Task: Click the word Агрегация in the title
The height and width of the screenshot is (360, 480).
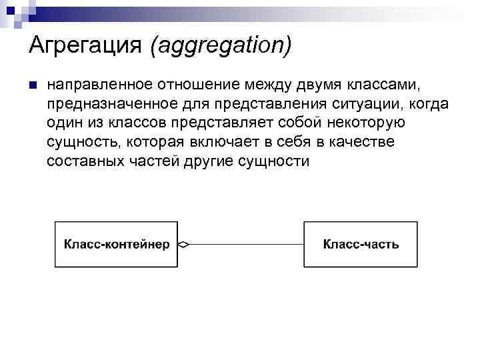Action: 86,46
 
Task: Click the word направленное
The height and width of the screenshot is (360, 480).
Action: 99,85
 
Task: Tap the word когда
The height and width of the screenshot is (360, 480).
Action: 431,105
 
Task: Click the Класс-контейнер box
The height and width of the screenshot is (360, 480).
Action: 117,245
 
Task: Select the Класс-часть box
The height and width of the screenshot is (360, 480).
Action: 361,245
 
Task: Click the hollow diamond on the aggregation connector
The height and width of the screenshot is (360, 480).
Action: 184,245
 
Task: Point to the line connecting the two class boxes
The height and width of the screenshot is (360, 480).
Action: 247,245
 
